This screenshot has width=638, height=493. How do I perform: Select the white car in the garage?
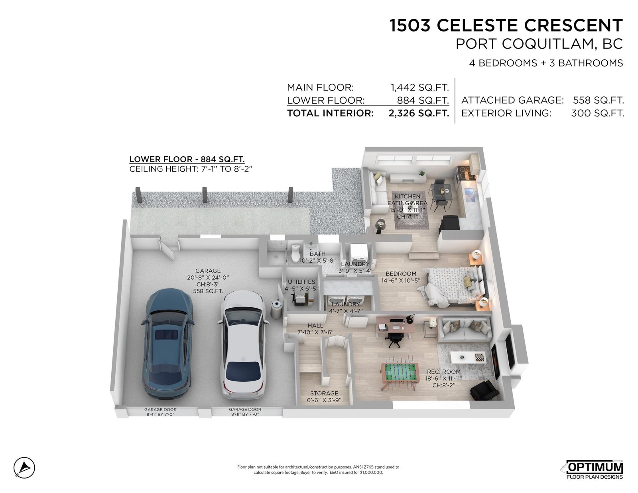(243, 345)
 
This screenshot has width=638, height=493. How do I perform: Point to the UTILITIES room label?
(301, 282)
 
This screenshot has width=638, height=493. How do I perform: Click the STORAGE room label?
(324, 393)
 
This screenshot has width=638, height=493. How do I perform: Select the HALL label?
(315, 326)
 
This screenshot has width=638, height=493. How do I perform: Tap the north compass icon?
(24, 467)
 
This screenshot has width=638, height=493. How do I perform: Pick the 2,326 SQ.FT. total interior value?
(419, 113)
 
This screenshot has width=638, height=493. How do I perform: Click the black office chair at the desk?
(394, 339)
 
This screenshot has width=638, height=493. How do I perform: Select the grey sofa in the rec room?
(464, 330)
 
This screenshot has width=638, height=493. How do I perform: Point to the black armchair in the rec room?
(484, 390)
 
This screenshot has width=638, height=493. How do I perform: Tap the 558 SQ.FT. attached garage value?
(598, 100)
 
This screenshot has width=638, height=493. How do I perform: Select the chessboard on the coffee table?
(479, 357)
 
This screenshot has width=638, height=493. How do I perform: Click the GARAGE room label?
(208, 271)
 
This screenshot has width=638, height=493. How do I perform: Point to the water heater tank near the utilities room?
(276, 308)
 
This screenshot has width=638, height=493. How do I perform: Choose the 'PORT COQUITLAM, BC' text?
(540, 44)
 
